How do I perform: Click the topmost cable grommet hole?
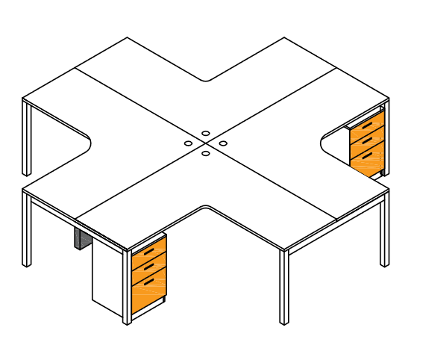[x=205, y=133]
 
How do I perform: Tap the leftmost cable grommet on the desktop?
[x=189, y=143]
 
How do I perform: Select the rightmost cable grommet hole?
[x=223, y=143]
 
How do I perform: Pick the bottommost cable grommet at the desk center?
[x=205, y=154]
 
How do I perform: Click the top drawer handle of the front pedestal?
[x=148, y=252]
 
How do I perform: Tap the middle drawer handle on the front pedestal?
[x=148, y=266]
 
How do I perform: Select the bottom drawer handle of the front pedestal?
[x=148, y=282]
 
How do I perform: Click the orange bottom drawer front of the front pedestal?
[x=148, y=295]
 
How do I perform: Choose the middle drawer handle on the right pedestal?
[x=366, y=140]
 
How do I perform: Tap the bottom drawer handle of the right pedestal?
[x=366, y=155]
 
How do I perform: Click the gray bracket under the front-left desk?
[x=81, y=238]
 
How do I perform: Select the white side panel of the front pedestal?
[x=107, y=276]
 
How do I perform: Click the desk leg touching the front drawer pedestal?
[x=127, y=288]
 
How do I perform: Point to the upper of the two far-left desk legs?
[x=27, y=138]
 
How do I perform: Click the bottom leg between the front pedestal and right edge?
[x=283, y=288]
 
